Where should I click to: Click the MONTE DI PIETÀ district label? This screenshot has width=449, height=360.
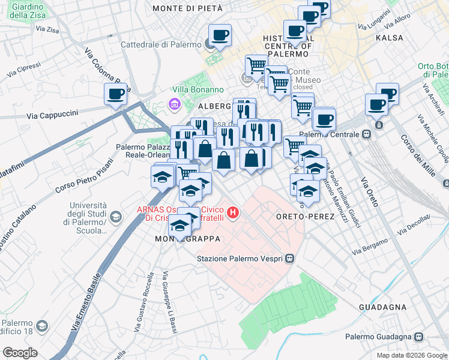point(187,8)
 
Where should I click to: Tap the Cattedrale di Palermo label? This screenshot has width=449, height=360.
point(161,44)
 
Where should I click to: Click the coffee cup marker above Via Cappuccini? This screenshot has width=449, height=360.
point(115,94)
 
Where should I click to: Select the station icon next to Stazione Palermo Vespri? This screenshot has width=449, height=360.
point(290,259)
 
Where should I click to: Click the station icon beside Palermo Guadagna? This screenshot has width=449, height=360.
point(420,337)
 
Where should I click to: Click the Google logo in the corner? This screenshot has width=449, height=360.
point(20,353)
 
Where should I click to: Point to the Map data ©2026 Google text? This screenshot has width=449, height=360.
point(411,355)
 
